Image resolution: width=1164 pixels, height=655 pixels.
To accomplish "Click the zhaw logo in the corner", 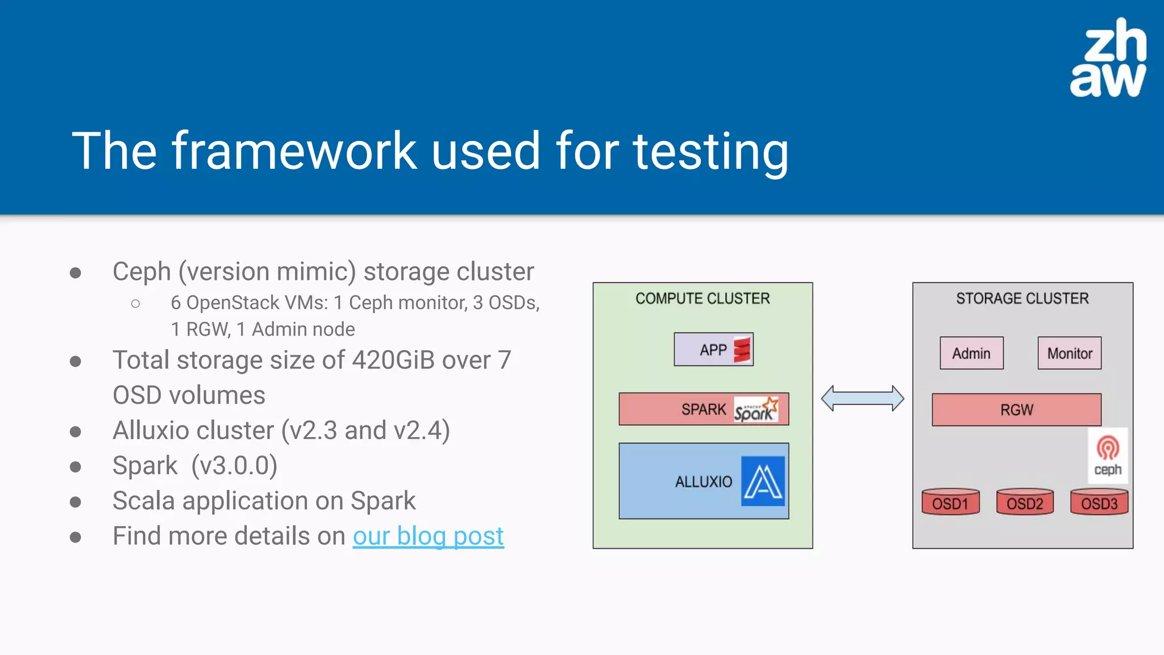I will [x=1108, y=59].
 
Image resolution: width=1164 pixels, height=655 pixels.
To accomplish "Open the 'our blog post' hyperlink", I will [x=428, y=536].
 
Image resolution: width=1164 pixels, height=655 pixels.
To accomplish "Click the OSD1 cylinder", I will [x=950, y=502].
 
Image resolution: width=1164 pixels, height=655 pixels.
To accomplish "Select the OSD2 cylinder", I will [x=1025, y=502].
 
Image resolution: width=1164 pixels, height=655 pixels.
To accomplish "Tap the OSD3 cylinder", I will [x=1099, y=502].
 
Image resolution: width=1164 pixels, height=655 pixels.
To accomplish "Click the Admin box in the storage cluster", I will [x=971, y=353].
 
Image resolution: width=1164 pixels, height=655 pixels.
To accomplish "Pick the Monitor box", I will [x=1069, y=353].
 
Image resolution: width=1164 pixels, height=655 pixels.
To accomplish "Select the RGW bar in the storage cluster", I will [x=1016, y=409].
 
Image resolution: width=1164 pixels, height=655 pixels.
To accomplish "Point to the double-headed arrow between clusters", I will [x=862, y=398].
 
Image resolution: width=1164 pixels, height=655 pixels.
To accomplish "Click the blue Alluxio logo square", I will [x=763, y=481].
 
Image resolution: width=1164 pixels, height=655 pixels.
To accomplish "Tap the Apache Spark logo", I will [x=755, y=409].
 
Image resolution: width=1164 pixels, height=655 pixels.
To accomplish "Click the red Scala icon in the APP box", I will [x=742, y=349].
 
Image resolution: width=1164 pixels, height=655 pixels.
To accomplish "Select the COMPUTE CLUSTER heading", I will [x=702, y=299].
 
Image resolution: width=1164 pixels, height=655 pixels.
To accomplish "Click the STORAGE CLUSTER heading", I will [x=1022, y=299].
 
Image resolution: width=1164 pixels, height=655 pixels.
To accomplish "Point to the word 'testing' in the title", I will [x=711, y=151].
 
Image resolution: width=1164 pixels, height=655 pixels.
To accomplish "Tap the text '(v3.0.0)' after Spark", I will [x=234, y=466].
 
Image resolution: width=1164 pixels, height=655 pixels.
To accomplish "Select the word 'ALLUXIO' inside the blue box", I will [x=704, y=482].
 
